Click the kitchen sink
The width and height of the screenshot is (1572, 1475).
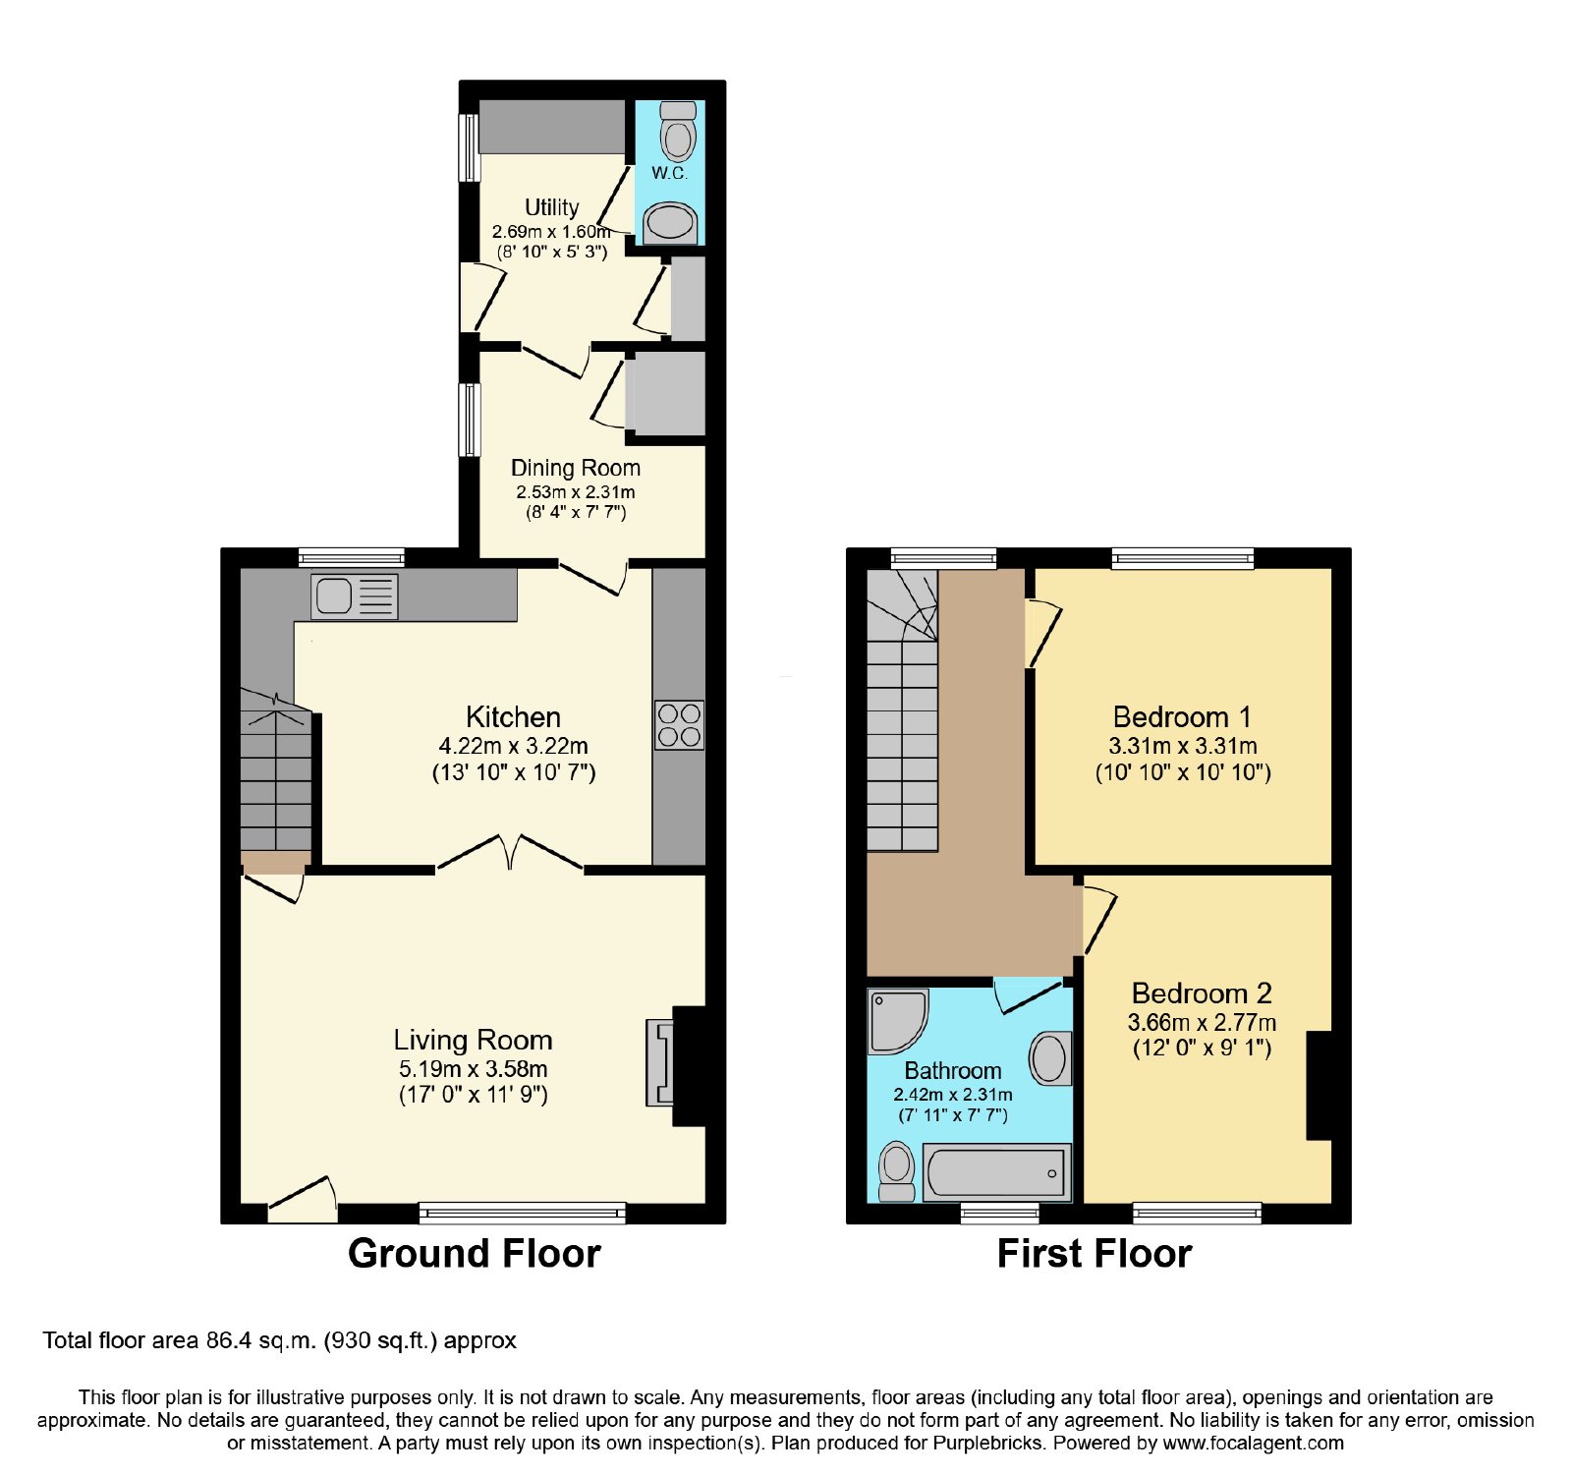tap(355, 596)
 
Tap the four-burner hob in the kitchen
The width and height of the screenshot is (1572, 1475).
tap(679, 725)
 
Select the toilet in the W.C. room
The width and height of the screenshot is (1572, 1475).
tap(678, 131)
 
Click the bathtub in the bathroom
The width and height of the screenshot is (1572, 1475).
tap(997, 1172)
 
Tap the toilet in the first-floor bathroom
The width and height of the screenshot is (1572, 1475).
tap(896, 1171)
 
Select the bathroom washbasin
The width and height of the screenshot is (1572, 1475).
tap(1050, 1058)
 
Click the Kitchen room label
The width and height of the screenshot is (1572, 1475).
tap(513, 716)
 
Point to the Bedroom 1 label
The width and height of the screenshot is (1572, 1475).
tap(1182, 716)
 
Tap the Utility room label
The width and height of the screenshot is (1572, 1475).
tap(551, 207)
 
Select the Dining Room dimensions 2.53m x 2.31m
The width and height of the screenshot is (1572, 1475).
tap(576, 491)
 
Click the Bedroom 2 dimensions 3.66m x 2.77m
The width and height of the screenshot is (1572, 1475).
tap(1202, 1022)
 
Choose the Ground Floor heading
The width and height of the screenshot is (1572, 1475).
tap(475, 1254)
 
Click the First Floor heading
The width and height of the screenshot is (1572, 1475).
tap(1095, 1254)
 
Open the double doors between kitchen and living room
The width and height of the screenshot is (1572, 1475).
tap(510, 853)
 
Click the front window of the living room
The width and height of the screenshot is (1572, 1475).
tap(523, 1213)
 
